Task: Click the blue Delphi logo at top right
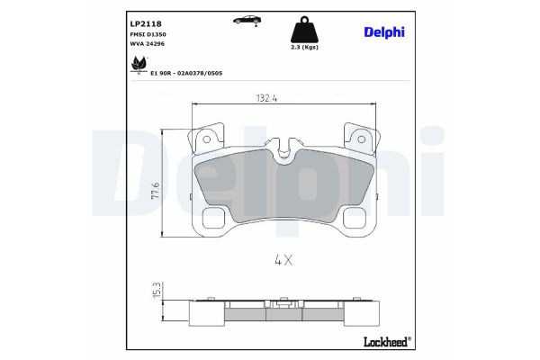click(383, 31)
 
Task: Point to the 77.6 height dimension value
click(156, 190)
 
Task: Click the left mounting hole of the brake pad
click(206, 140)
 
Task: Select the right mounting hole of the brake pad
click(364, 140)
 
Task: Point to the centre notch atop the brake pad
click(285, 144)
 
